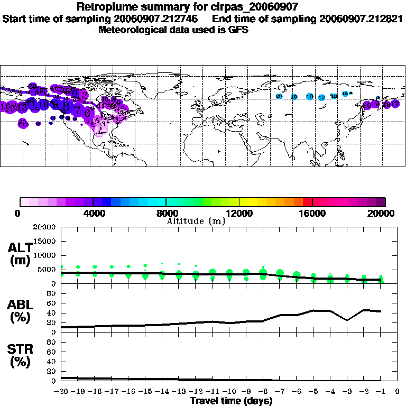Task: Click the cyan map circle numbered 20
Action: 279,96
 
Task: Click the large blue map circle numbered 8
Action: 66,106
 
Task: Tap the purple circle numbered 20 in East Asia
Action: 367,105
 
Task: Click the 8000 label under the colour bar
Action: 166,214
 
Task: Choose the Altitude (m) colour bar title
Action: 196,221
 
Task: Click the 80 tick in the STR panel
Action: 52,342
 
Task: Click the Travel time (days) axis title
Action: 231,401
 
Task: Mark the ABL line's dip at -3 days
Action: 347,320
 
